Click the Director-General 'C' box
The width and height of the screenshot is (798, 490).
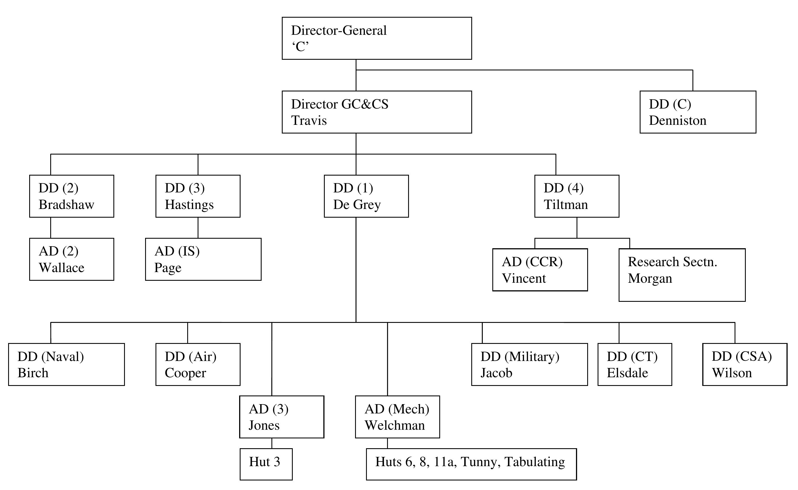(x=376, y=38)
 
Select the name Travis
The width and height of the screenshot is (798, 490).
(x=309, y=121)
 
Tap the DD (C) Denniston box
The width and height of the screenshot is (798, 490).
(x=698, y=112)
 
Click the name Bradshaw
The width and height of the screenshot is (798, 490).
(x=67, y=205)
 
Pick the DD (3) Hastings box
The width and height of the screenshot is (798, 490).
(x=198, y=196)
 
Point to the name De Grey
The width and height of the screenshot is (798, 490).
(x=357, y=205)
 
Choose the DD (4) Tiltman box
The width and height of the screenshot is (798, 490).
(x=577, y=196)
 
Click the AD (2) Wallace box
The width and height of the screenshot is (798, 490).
(x=71, y=259)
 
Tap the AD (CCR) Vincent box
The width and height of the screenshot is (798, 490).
(x=540, y=270)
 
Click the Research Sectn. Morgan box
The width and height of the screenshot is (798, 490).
(x=682, y=275)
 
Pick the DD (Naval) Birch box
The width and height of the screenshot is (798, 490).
(x=67, y=365)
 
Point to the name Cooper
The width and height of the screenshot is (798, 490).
(x=185, y=373)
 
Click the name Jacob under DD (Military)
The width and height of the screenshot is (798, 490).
(x=496, y=373)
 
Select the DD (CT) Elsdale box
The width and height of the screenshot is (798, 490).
(x=635, y=365)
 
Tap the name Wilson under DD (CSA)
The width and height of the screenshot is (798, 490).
(x=731, y=373)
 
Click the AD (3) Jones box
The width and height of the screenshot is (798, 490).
(x=282, y=417)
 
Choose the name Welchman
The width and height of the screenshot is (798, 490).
(x=395, y=425)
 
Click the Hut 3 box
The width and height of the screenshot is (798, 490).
(x=266, y=464)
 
